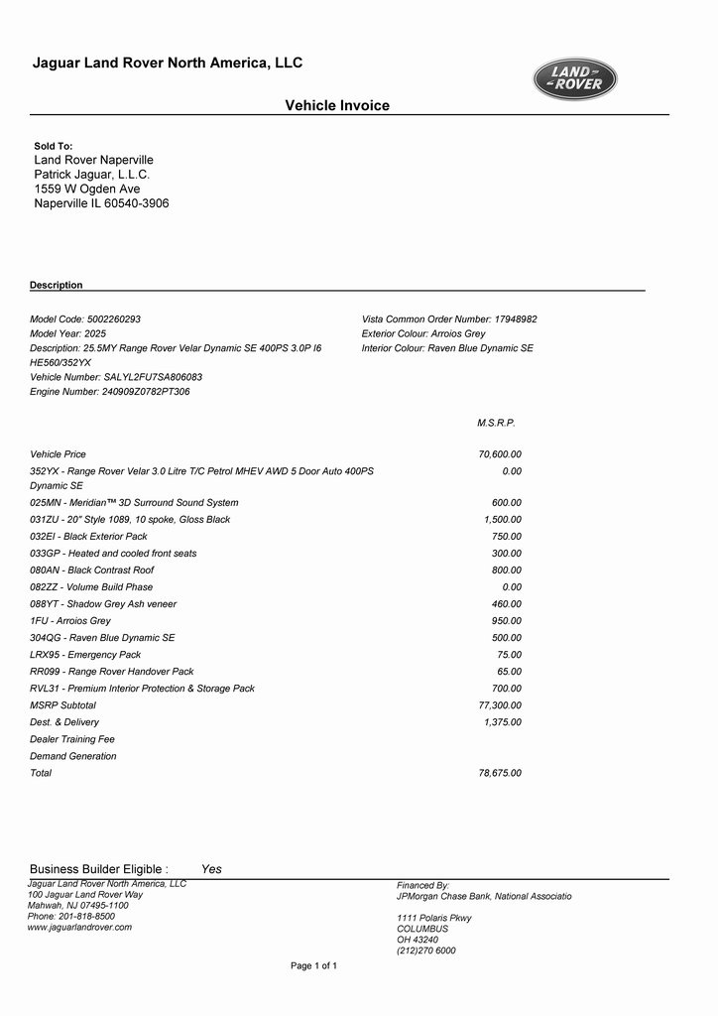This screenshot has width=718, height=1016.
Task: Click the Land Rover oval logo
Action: (575, 79)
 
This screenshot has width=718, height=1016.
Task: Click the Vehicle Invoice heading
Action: (337, 105)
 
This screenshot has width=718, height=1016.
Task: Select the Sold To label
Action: (54, 146)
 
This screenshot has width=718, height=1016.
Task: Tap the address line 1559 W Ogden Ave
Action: (87, 189)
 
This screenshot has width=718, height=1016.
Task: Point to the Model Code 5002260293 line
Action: (85, 319)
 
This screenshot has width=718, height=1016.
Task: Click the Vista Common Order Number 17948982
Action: (449, 319)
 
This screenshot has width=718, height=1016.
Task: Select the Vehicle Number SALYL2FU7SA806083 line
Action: (116, 377)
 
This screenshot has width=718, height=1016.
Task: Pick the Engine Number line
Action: (110, 392)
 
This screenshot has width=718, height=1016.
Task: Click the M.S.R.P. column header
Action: (496, 423)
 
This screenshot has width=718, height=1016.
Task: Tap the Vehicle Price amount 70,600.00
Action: (500, 454)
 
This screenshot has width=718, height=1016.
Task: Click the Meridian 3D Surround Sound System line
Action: (134, 503)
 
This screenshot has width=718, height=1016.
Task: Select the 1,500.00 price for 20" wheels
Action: (503, 520)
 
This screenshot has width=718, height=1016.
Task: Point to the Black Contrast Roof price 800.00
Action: (507, 571)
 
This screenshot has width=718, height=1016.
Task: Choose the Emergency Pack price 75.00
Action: (509, 655)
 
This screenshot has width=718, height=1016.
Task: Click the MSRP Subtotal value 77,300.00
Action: (500, 705)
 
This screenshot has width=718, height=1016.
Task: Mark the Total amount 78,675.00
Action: (500, 773)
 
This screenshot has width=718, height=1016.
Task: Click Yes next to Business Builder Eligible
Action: (211, 869)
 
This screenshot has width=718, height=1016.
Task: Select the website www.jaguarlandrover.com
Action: (79, 927)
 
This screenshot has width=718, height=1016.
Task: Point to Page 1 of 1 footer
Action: (313, 965)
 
